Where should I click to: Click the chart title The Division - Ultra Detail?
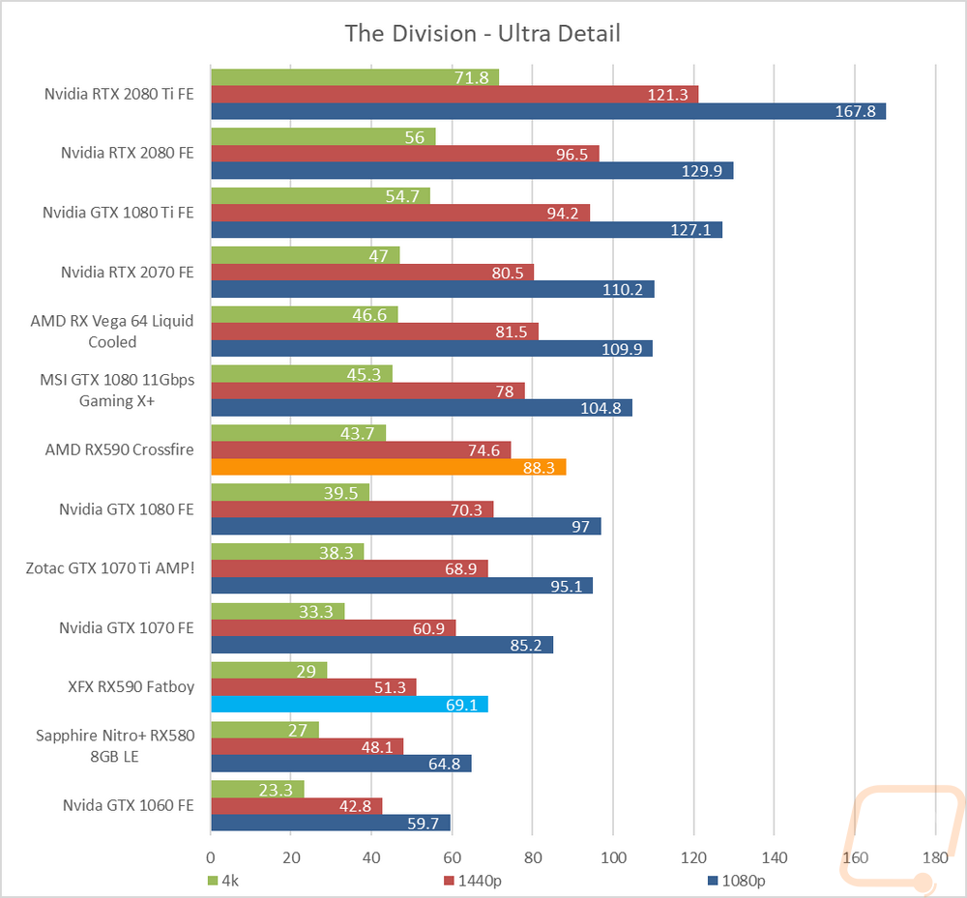coord(483,34)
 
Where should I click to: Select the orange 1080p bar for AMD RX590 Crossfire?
coord(388,467)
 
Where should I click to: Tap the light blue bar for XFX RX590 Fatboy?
coord(349,704)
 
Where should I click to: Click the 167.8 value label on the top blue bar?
coord(855,111)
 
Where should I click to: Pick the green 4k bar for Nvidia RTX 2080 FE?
coord(323,136)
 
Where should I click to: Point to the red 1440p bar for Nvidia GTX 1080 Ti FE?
coord(400,213)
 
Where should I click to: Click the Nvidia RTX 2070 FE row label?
coord(127,272)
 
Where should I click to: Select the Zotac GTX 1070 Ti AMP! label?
coord(110,567)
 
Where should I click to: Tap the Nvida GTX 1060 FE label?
coord(128,804)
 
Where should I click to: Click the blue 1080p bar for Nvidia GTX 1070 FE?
coord(382,645)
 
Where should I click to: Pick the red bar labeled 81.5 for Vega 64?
coord(374,331)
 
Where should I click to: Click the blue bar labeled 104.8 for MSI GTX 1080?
coord(421,408)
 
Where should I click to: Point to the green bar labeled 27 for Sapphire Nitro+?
coord(264,730)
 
